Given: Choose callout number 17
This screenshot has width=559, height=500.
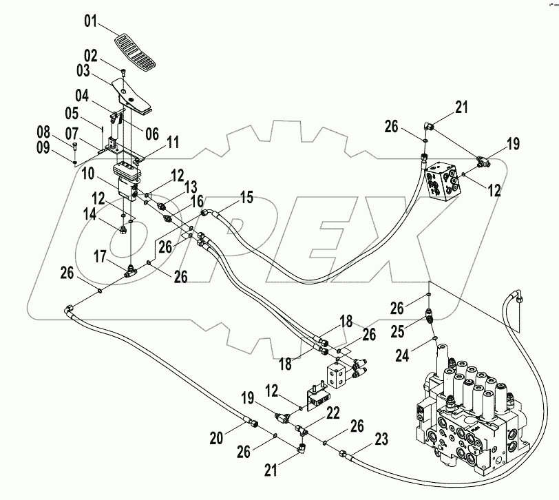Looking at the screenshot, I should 101,258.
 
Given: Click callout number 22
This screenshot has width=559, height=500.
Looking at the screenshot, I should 333,413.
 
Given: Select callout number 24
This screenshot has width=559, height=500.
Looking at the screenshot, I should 405,355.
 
